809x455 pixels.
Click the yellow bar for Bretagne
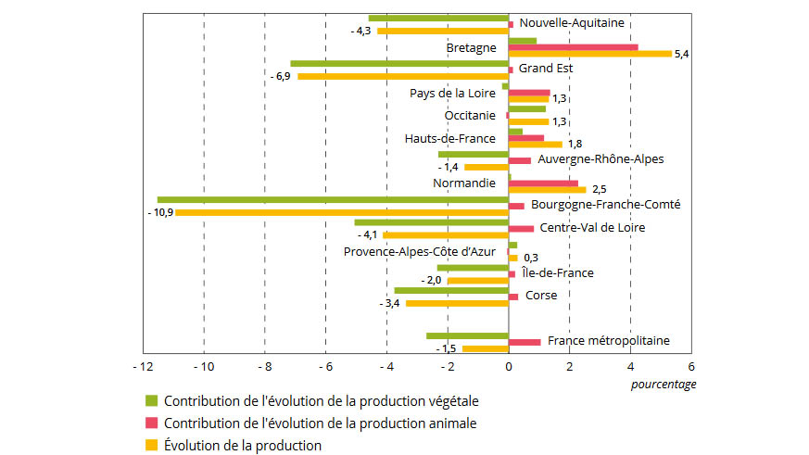pyautogui.click(x=590, y=54)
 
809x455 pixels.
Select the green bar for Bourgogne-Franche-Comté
pyautogui.click(x=333, y=199)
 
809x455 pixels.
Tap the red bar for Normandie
pyautogui.click(x=543, y=183)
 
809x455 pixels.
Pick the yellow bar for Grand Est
pyautogui.click(x=403, y=76)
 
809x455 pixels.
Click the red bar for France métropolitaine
pyautogui.click(x=525, y=342)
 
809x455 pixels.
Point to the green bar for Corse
pyautogui.click(x=451, y=290)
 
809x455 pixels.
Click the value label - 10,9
pyautogui.click(x=159, y=212)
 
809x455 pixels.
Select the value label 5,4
pyautogui.click(x=682, y=54)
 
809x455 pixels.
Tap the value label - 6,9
pyautogui.click(x=281, y=76)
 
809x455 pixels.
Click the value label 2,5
pyautogui.click(x=600, y=190)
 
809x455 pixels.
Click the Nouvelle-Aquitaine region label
pyautogui.click(x=572, y=23)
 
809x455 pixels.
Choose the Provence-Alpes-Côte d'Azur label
pyautogui.click(x=420, y=251)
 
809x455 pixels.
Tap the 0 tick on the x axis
pyautogui.click(x=509, y=367)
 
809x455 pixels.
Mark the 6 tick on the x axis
pyautogui.click(x=691, y=367)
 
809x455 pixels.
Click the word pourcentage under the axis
pyautogui.click(x=664, y=384)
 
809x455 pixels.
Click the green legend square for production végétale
pyautogui.click(x=151, y=401)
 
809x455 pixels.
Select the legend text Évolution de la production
pyautogui.click(x=243, y=445)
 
